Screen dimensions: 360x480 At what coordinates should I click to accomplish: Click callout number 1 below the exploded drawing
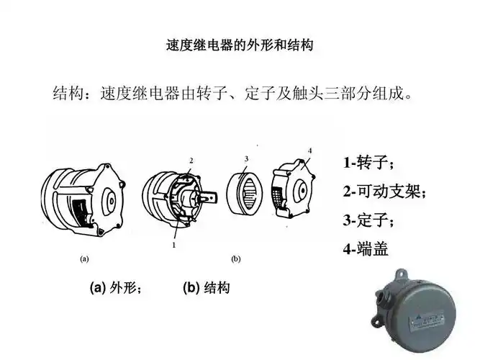pyautogui.click(x=174, y=246)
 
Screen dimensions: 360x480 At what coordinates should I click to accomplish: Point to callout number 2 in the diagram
pyautogui.click(x=191, y=159)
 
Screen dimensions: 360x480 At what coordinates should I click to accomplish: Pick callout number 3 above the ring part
pyautogui.click(x=246, y=158)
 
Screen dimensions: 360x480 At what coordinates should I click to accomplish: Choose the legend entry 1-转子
pyautogui.click(x=368, y=163)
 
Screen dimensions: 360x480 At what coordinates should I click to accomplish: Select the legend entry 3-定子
pyautogui.click(x=368, y=220)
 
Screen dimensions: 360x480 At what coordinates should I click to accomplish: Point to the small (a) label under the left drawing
pyautogui.click(x=84, y=258)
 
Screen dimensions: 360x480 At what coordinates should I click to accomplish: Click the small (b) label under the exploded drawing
pyautogui.click(x=235, y=258)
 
